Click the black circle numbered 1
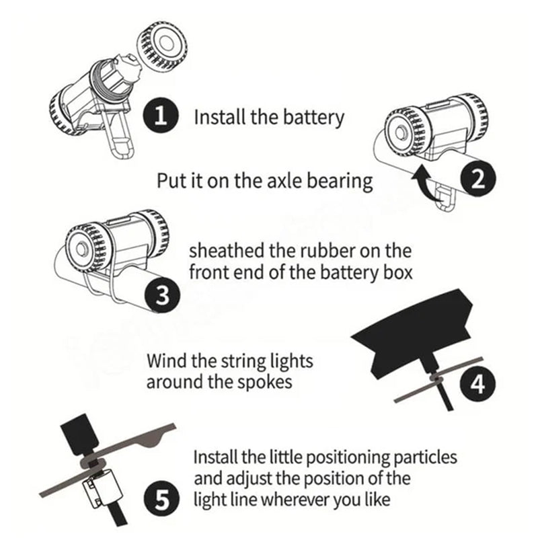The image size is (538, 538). (x=161, y=116)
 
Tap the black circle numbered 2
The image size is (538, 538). (x=478, y=178)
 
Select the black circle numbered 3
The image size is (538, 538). (x=162, y=295)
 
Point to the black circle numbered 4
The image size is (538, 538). (x=477, y=383)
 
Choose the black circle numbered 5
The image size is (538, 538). (x=161, y=500)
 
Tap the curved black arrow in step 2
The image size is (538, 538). (x=426, y=182)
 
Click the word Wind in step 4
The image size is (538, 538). (x=166, y=360)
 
